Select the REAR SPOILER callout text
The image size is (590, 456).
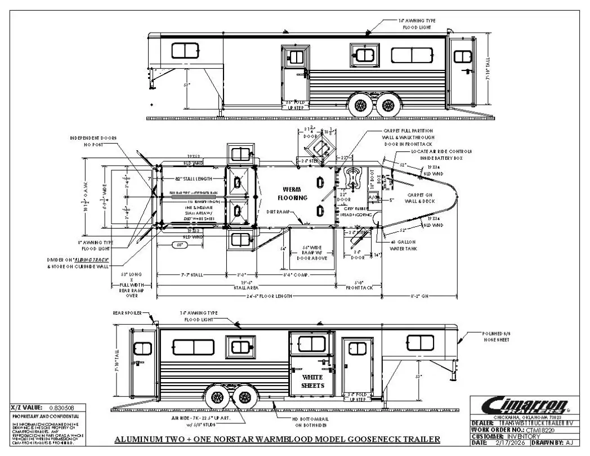(x=126, y=313)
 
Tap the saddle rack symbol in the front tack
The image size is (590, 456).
(x=355, y=177)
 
